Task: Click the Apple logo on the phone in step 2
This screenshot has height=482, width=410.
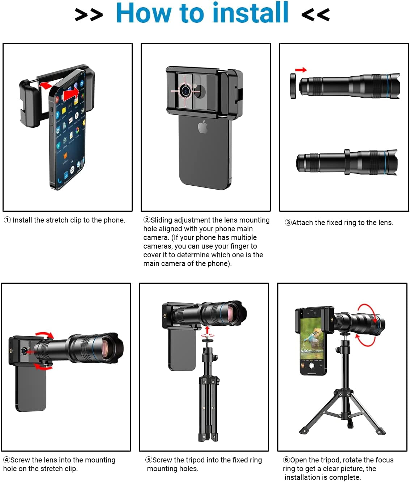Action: [203, 127]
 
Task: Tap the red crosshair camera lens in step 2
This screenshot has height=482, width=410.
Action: [185, 91]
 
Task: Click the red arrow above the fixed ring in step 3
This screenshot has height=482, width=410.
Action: [301, 70]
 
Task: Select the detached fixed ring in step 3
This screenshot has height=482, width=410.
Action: [293, 86]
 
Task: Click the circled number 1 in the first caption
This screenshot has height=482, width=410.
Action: [7, 220]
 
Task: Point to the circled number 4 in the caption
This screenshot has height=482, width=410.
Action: [7, 460]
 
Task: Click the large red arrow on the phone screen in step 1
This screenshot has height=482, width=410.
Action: [71, 94]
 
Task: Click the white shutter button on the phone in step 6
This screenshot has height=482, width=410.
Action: [312, 365]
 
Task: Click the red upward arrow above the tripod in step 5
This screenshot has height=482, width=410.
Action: [207, 330]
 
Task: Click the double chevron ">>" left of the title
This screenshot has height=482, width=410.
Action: [89, 14]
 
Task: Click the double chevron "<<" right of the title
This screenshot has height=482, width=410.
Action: [316, 14]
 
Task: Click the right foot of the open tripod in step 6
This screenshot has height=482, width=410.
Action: [380, 431]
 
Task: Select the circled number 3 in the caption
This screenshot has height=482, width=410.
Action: [288, 223]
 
